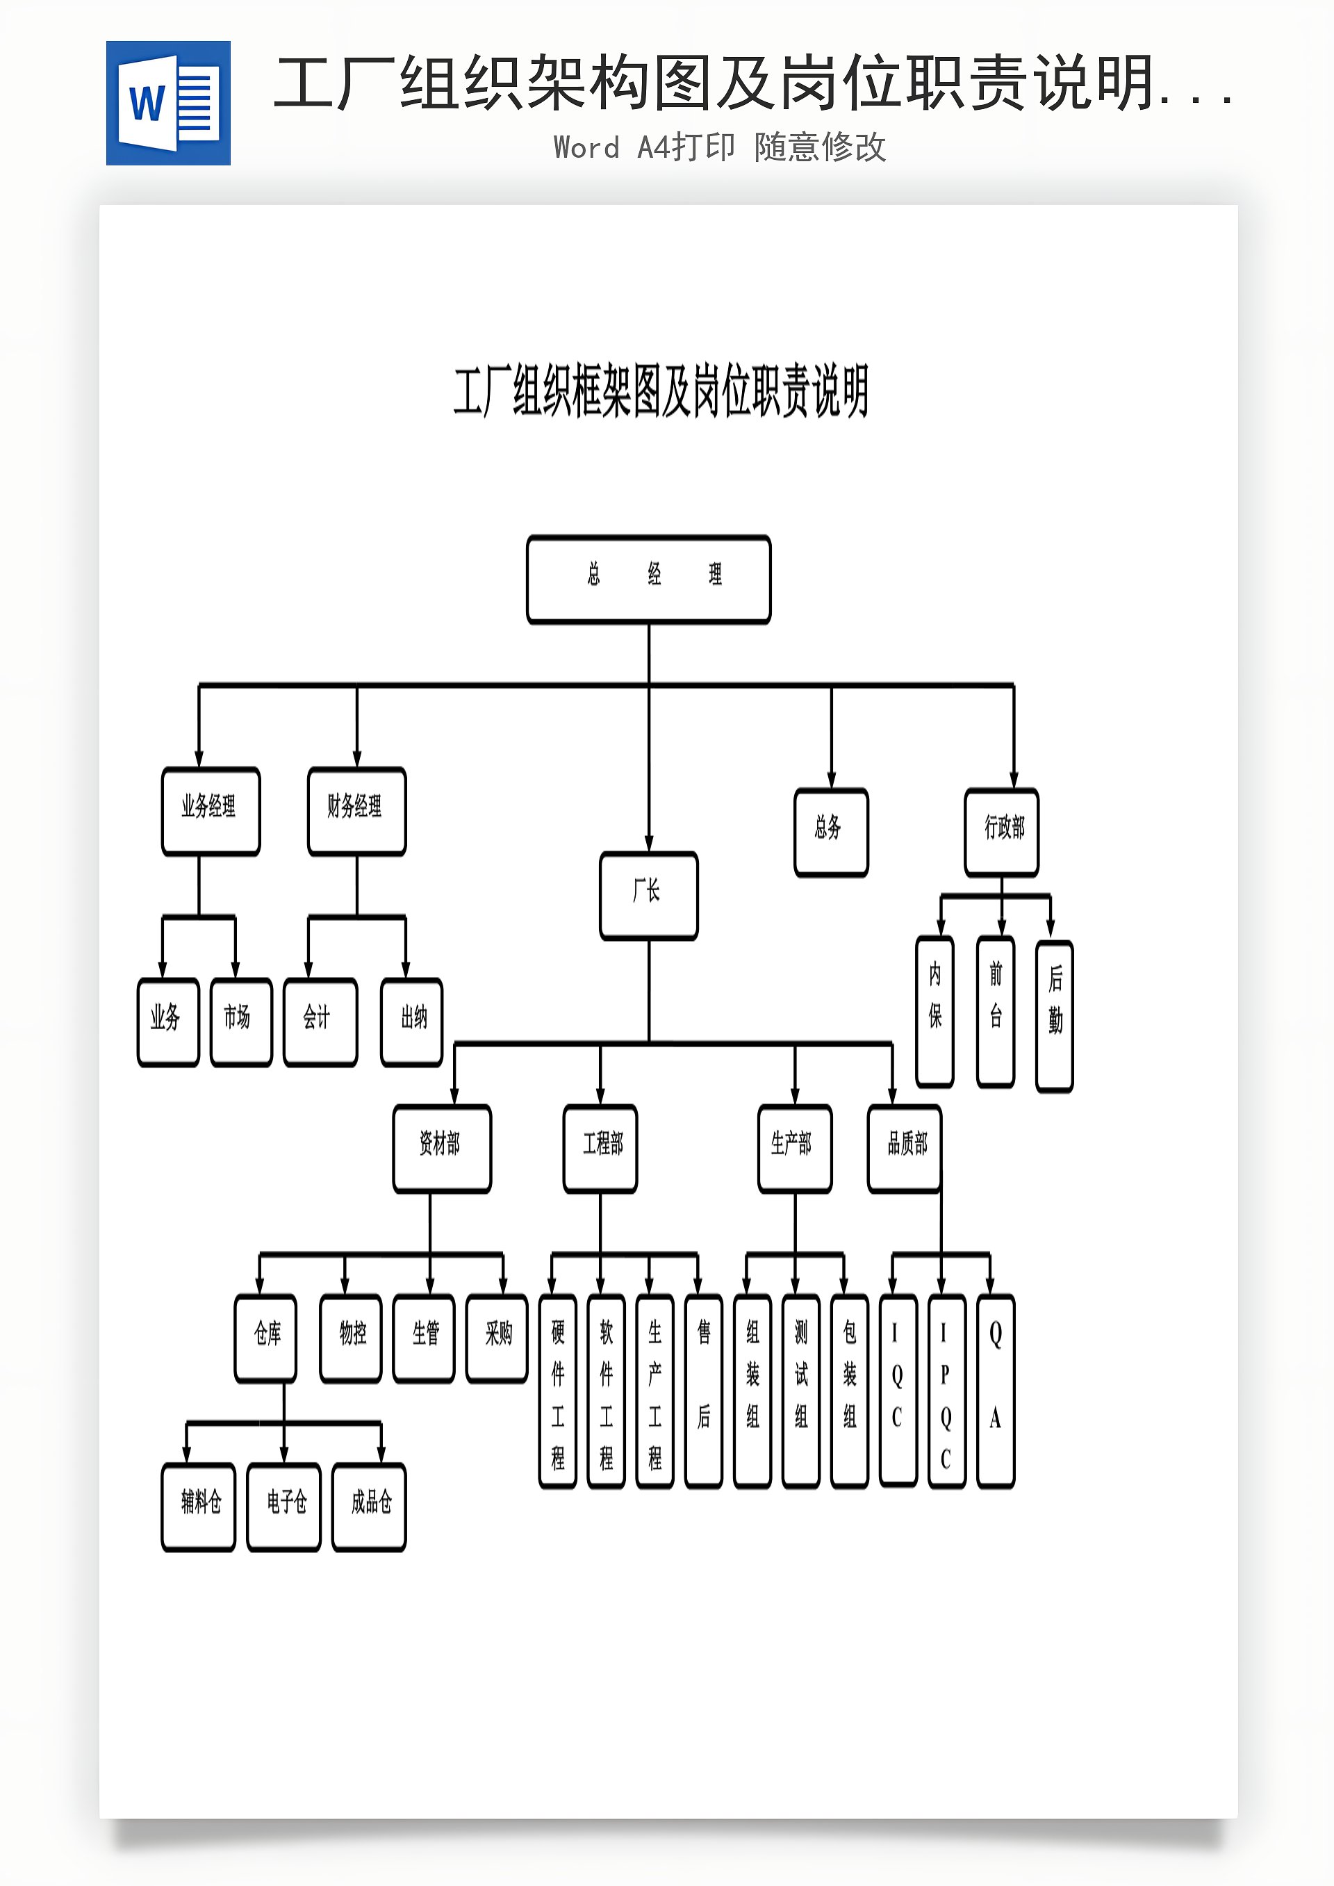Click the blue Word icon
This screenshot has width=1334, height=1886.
pyautogui.click(x=168, y=104)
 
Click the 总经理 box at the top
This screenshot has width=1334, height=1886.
pyautogui.click(x=648, y=579)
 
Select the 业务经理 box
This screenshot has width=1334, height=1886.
pyautogui.click(x=211, y=811)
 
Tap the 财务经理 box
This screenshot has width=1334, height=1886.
pyautogui.click(x=356, y=811)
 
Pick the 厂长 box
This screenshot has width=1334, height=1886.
pyautogui.click(x=648, y=895)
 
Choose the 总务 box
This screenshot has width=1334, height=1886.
pyautogui.click(x=830, y=832)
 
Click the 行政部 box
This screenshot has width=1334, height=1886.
pyautogui.click(x=1001, y=832)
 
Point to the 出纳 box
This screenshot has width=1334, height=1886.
pyautogui.click(x=411, y=1022)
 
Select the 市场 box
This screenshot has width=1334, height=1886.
pyautogui.click(x=240, y=1022)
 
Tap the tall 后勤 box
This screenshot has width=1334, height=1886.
pyautogui.click(x=1055, y=1015)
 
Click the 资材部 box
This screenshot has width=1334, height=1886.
pyautogui.click(x=442, y=1147)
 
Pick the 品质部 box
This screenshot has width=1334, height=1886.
pyautogui.click(x=905, y=1147)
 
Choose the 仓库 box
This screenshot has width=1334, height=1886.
pyautogui.click(x=265, y=1338)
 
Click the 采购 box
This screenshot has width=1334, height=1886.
pyautogui.click(x=496, y=1338)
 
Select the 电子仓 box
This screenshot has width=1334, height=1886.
pyautogui.click(x=283, y=1507)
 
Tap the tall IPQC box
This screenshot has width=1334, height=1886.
pyautogui.click(x=946, y=1390)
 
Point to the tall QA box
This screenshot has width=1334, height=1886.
pyautogui.click(x=996, y=1390)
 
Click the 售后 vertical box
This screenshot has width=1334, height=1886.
pyautogui.click(x=703, y=1390)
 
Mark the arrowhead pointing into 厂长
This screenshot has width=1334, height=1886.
pyautogui.click(x=648, y=844)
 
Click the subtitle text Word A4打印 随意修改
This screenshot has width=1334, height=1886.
pyautogui.click(x=720, y=148)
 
